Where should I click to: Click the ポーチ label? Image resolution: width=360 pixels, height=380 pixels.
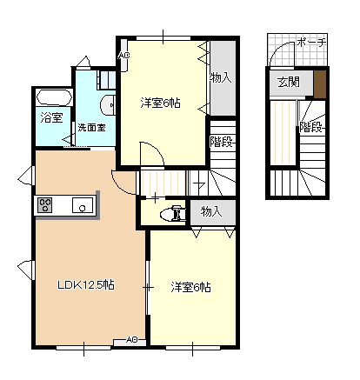[x=311, y=42]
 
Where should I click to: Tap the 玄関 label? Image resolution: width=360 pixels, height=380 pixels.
[x=288, y=83]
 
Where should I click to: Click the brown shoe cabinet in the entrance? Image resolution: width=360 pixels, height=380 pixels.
[x=320, y=83]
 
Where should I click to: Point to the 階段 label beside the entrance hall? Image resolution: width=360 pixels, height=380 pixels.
[x=311, y=127]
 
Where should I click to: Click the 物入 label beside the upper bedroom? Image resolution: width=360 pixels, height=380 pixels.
[x=221, y=77]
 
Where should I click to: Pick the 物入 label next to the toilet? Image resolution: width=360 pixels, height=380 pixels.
[x=211, y=211]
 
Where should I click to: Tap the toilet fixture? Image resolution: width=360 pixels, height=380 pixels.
[x=175, y=211]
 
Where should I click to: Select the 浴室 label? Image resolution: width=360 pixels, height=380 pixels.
[x=50, y=117]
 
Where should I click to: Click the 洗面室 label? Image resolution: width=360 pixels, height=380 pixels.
[x=91, y=127]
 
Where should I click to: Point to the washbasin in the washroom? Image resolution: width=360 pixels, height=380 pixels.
[x=107, y=106]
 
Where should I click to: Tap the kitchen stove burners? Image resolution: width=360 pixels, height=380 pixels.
[x=45, y=206]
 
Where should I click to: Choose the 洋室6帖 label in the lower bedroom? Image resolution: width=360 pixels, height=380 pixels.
[x=190, y=287]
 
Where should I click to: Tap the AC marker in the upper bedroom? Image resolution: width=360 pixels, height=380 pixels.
[x=123, y=57]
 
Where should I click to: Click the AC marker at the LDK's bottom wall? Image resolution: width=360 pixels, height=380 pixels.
[x=131, y=339]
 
